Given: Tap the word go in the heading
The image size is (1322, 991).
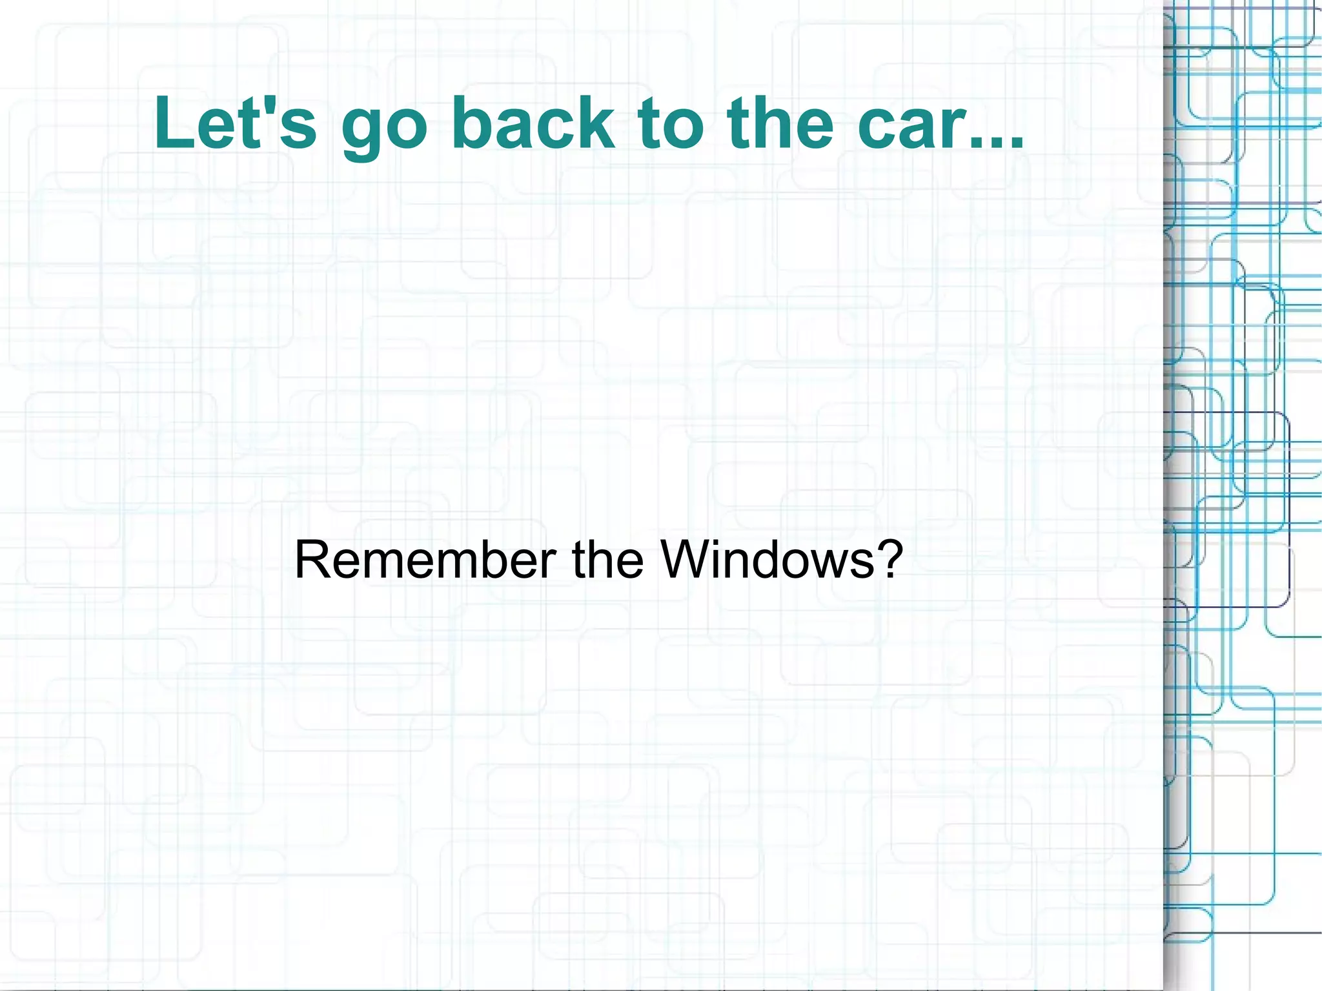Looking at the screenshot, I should click(x=385, y=126).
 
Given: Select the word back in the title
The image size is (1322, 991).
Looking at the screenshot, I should click(x=533, y=123).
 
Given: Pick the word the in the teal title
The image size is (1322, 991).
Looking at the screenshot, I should click(x=780, y=123).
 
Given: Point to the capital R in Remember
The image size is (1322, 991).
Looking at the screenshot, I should click(x=310, y=560).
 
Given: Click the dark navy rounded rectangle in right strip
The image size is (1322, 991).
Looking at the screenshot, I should click(x=1288, y=510).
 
